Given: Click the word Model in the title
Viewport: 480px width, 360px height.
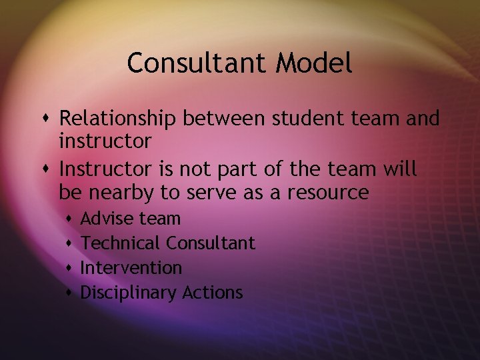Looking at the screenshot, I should (313, 63).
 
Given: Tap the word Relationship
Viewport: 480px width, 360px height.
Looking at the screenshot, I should (118, 119).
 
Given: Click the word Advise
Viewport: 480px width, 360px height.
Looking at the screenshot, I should (107, 218).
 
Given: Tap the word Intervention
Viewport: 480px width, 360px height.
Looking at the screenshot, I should (131, 267).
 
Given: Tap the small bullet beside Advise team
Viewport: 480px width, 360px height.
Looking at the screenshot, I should (70, 219).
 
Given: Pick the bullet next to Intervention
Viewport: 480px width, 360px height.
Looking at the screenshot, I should (70, 268).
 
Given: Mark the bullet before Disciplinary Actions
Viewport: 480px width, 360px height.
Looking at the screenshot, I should (70, 293).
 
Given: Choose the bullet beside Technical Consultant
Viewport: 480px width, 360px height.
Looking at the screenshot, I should (70, 243).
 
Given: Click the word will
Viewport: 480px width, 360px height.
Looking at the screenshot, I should (400, 169).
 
